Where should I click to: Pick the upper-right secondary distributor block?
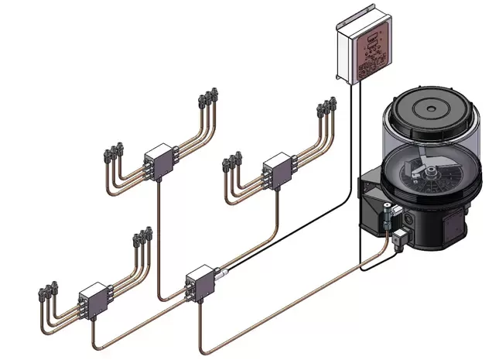(276, 169)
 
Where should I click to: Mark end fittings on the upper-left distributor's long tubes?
(207, 98)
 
